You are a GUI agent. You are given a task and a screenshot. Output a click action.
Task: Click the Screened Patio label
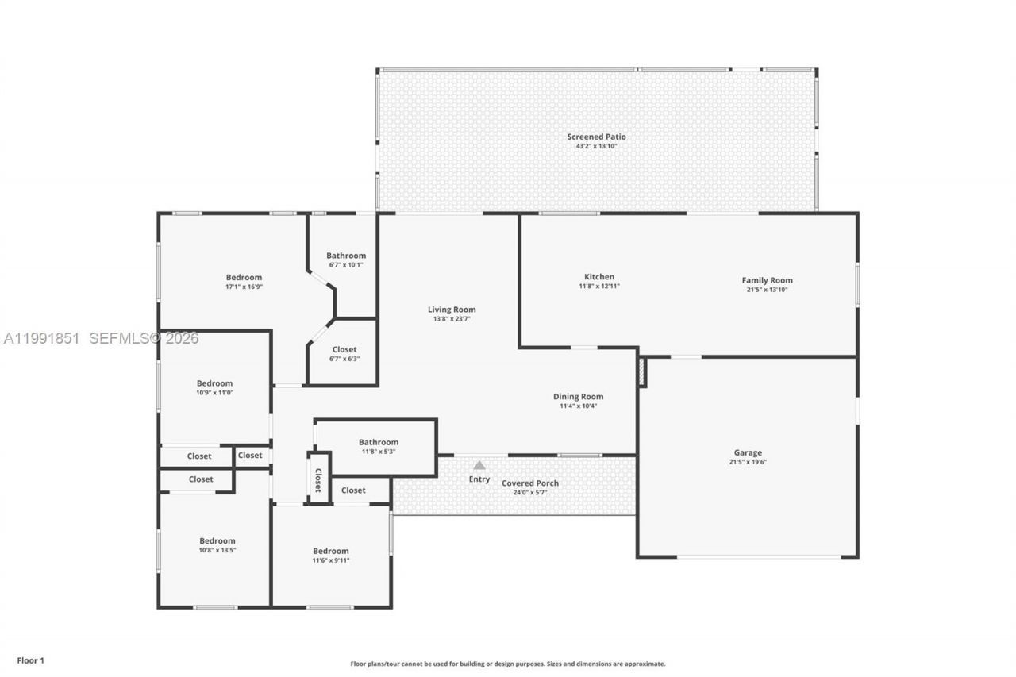tap(596, 137)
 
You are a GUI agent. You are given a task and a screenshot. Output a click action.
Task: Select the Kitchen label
tap(599, 277)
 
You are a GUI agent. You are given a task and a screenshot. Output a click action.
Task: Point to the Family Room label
tap(767, 280)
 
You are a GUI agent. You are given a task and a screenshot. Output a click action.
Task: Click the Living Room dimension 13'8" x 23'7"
tap(452, 319)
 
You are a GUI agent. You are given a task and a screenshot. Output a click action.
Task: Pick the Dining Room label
tap(578, 397)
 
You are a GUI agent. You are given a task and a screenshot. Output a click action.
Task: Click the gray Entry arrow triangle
tap(479, 465)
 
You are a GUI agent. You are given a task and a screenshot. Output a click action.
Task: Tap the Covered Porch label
tap(529, 483)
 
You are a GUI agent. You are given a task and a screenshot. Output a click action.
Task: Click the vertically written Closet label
tap(318, 479)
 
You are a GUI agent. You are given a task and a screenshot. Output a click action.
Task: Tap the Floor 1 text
tap(31, 660)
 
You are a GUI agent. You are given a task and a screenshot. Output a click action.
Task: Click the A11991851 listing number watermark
tap(41, 339)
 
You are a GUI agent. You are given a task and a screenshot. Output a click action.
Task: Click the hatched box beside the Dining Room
tap(642, 373)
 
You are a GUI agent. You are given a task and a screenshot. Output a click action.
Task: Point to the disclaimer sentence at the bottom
tap(508, 664)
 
